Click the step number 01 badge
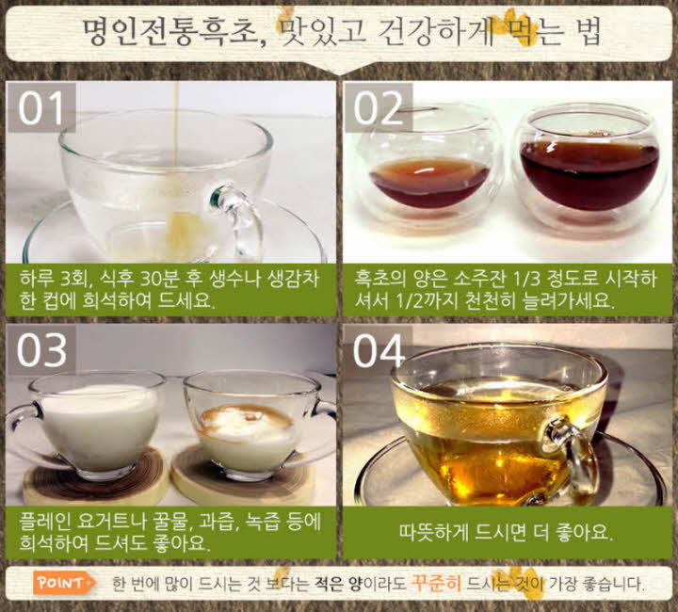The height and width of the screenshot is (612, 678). [x=40, y=108]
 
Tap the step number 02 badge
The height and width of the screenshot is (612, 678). [x=378, y=108]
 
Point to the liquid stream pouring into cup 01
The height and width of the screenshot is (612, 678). [x=176, y=141]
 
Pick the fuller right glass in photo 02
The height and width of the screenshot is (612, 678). [x=589, y=169]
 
